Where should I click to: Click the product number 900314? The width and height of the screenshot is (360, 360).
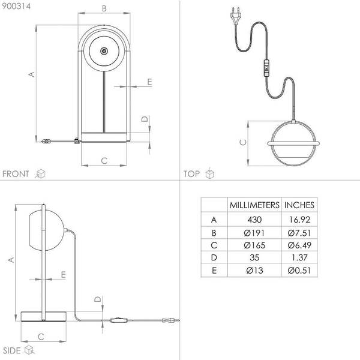coord(16,6)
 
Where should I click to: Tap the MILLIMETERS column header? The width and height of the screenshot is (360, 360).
coord(254,205)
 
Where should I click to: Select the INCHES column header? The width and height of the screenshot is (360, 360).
coord(299,205)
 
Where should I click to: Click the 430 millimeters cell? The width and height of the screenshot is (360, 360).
coord(254,220)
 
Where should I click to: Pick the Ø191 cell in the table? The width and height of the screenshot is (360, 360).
coord(254,233)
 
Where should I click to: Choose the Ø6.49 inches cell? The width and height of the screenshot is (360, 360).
coord(299,245)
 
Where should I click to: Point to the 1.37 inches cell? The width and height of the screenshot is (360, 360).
coord(299,257)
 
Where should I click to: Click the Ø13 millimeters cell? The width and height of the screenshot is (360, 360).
coord(254,270)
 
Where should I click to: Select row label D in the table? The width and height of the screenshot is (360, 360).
coord(214,257)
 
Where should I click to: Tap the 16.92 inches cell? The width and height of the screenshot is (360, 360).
coord(299,220)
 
